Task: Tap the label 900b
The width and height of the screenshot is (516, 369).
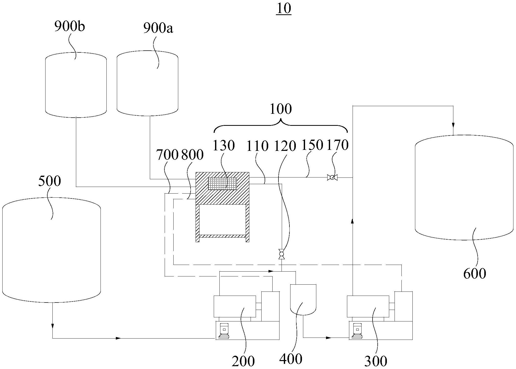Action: (x=69, y=27)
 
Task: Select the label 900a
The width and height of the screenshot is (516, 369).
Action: (x=158, y=28)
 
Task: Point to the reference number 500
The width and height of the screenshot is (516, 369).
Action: (x=50, y=181)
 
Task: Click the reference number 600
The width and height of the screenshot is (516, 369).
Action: (x=475, y=273)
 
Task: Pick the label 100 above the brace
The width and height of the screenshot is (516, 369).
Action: (x=281, y=109)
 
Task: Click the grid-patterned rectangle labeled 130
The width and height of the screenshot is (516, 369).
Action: (x=222, y=184)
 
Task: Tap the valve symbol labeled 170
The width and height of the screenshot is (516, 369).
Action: (x=332, y=177)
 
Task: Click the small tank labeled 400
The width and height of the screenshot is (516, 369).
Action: (x=303, y=299)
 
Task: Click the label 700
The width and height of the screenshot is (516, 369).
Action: (x=167, y=155)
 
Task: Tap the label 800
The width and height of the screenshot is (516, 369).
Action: (x=192, y=155)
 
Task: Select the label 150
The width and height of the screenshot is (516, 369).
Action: (x=312, y=145)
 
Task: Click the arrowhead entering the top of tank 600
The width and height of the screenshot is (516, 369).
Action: (x=453, y=125)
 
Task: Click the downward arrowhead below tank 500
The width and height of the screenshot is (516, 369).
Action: (x=53, y=326)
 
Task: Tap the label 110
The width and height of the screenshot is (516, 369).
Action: (x=257, y=146)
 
